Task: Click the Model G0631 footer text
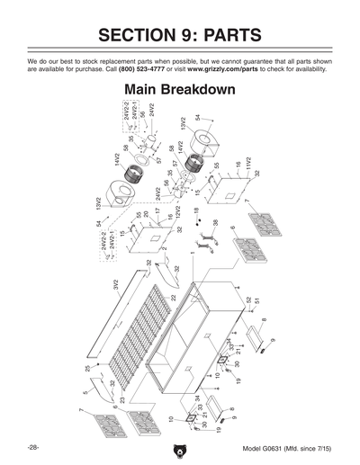(288, 448)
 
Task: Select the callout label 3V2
(116, 286)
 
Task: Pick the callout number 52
(248, 300)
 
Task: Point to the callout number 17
(157, 211)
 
